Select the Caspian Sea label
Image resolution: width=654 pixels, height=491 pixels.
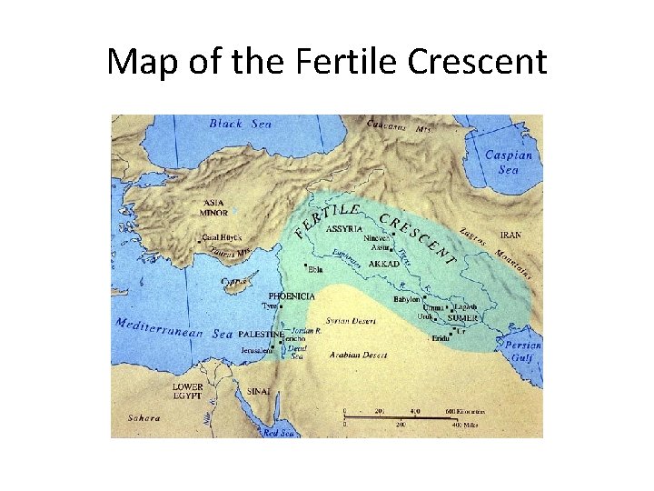click(x=508, y=162)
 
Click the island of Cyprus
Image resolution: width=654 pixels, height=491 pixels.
click(x=235, y=285)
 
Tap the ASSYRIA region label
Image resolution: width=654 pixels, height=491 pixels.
click(x=344, y=228)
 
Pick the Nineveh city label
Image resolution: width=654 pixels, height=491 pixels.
click(x=377, y=238)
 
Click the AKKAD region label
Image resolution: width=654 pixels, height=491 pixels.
click(x=384, y=264)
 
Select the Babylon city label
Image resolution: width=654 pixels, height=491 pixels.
click(x=407, y=298)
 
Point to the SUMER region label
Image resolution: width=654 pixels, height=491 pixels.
click(x=461, y=318)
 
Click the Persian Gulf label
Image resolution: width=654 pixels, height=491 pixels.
click(x=523, y=351)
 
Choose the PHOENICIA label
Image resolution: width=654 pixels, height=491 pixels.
click(x=292, y=296)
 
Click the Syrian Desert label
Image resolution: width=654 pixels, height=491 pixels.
click(x=351, y=321)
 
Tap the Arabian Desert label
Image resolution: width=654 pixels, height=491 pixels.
click(x=358, y=355)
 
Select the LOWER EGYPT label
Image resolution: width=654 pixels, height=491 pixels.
click(x=188, y=391)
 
